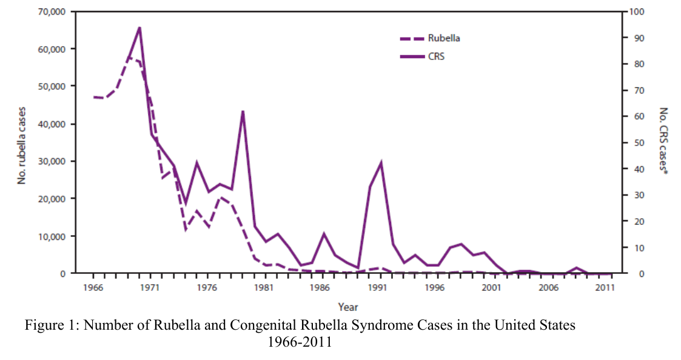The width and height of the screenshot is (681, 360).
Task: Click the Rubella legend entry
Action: click(430, 38)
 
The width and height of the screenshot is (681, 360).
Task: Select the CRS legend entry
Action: click(422, 57)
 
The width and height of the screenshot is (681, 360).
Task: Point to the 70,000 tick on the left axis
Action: click(52, 12)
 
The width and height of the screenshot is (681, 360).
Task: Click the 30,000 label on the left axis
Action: click(52, 161)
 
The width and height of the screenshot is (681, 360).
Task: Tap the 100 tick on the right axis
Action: click(638, 12)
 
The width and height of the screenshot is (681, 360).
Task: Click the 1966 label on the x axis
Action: click(93, 287)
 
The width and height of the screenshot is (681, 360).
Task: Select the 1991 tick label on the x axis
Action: click(377, 287)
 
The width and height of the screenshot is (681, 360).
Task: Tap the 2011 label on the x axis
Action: click(605, 287)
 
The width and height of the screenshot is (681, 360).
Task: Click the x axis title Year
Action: click(348, 307)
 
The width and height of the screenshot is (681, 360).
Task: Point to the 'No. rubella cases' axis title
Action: click(21, 145)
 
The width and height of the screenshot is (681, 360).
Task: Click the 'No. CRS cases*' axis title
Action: click(663, 141)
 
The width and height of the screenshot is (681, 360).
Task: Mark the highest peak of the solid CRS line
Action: click(139, 27)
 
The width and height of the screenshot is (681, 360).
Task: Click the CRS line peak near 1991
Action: click(381, 162)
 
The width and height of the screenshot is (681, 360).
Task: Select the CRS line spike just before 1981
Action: click(243, 111)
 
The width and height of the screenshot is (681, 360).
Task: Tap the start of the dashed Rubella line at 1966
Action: click(93, 97)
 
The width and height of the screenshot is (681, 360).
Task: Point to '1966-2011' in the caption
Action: click(300, 342)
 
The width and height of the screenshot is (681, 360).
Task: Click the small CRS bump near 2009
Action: click(576, 267)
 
